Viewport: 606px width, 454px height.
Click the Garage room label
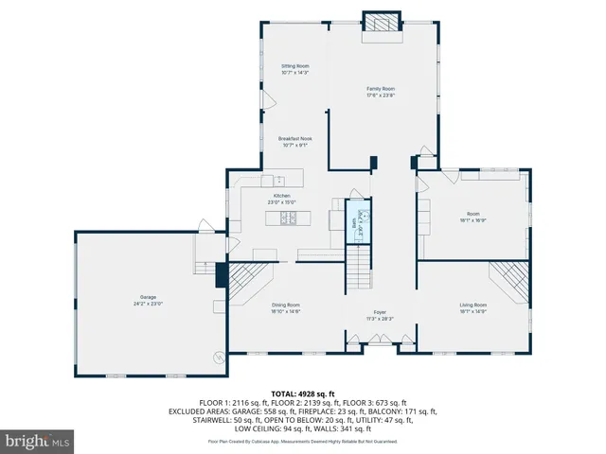tap(148, 298)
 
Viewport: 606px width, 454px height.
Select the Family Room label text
tap(381, 88)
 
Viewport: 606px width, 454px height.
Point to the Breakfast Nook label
tap(295, 138)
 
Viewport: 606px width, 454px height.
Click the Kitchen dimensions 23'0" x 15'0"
tap(282, 201)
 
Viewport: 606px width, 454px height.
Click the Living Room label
tap(473, 305)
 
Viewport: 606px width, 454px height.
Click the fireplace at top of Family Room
tap(383, 25)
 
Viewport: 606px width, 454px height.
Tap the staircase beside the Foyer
tap(359, 267)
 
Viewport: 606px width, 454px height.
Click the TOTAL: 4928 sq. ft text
tap(302, 393)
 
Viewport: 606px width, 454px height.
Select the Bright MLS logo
tap(38, 441)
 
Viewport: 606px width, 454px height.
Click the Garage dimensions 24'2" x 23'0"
tap(148, 305)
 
